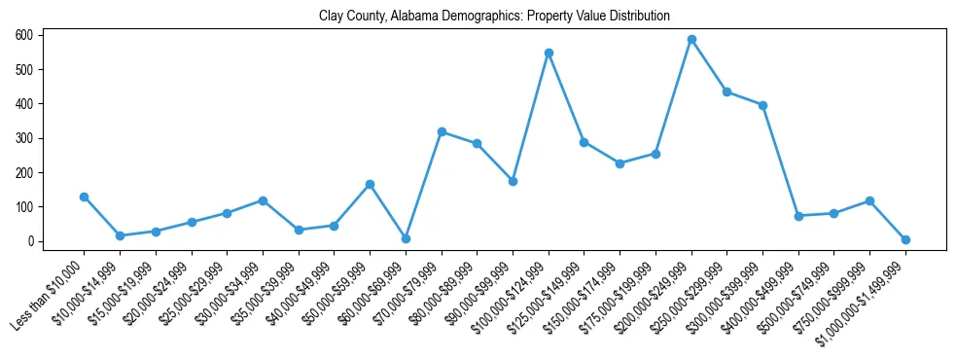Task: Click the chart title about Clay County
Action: coord(494,17)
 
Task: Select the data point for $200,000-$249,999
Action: coord(691,40)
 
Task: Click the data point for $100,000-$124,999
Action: coord(549,53)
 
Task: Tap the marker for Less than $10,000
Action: coord(84,197)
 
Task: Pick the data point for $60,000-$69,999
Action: coord(406,238)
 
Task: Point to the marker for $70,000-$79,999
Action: coord(442,131)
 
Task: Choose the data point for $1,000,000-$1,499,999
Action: coord(905,239)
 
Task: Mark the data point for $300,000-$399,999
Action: coord(762,105)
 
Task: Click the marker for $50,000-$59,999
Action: coord(370,184)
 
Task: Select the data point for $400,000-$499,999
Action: coord(798,216)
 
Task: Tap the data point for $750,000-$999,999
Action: coord(869,200)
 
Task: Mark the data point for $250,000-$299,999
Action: coord(726,91)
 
